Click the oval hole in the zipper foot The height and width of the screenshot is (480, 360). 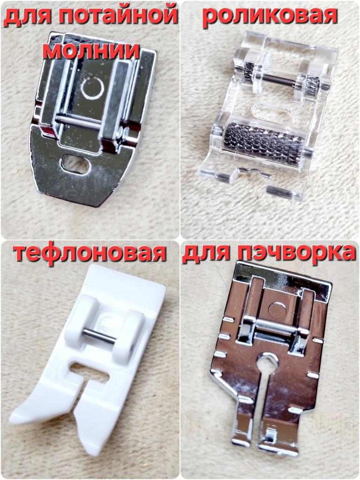point(75,164)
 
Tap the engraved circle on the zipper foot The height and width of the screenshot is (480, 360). point(92,88)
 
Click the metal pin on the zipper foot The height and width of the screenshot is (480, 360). point(78,121)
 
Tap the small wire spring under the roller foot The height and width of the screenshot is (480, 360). point(255,172)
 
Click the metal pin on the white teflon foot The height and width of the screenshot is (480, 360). point(99,336)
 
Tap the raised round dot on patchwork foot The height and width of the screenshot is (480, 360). point(277,310)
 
